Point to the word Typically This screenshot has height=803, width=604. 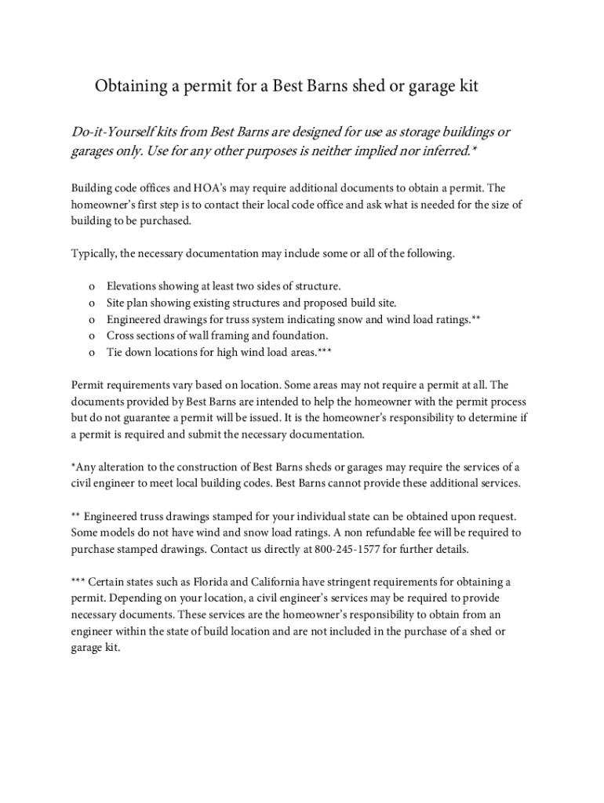tap(96, 253)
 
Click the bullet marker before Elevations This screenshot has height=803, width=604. tap(93, 287)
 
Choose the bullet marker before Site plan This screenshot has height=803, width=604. tap(93, 303)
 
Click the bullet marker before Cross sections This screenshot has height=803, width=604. tap(93, 336)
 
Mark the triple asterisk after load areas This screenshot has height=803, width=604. tap(324, 352)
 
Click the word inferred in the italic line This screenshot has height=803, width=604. tap(440, 151)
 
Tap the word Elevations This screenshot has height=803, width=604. tap(135, 287)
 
